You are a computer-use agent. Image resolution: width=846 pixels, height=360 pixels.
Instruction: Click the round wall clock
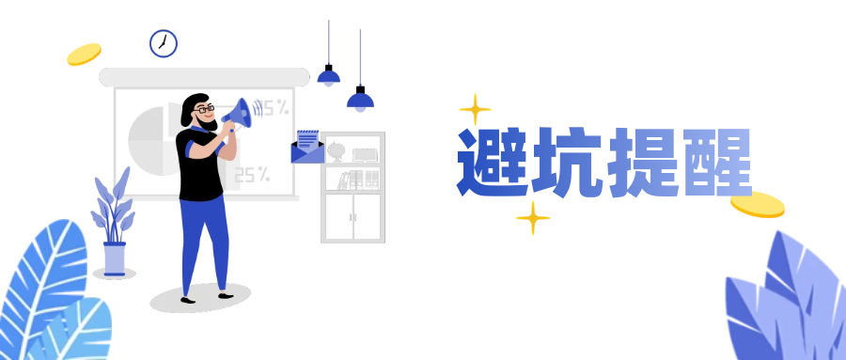tap(164, 43)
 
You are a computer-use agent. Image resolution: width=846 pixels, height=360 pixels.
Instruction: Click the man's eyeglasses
tap(204, 109)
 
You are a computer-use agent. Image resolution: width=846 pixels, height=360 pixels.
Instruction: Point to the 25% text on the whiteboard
tap(252, 174)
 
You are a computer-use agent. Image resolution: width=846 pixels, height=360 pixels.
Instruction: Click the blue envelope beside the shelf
tap(307, 147)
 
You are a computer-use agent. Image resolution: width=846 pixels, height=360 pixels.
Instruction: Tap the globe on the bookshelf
tap(337, 150)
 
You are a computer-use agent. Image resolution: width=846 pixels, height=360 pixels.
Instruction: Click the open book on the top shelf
tap(365, 155)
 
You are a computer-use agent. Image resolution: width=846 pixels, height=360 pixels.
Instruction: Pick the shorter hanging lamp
tap(328, 77)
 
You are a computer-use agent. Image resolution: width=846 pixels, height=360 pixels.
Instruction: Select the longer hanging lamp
tap(360, 100)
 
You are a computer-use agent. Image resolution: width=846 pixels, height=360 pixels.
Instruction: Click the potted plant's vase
tap(115, 258)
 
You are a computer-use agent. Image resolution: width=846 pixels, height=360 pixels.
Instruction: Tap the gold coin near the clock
tap(84, 54)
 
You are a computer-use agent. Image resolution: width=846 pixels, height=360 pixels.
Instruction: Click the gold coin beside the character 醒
tap(758, 204)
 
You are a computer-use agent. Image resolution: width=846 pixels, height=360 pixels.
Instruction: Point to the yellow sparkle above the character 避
tap(476, 109)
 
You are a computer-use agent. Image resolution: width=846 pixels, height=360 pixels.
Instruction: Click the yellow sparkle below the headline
tap(533, 218)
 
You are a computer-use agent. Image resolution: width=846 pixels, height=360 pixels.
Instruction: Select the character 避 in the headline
tap(493, 162)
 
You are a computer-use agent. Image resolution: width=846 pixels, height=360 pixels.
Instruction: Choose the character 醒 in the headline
tap(716, 162)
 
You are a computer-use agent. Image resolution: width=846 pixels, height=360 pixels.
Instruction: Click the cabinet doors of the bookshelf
tap(352, 216)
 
